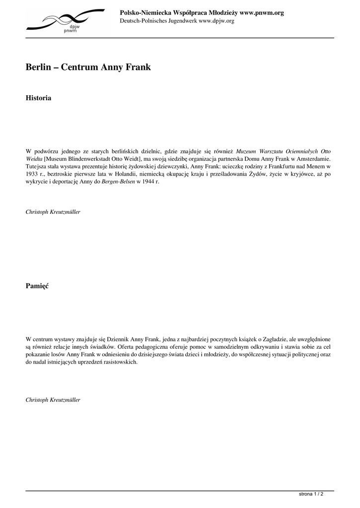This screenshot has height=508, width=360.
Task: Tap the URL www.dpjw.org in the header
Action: (216, 21)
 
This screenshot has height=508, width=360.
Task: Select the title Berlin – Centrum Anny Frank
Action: (88, 67)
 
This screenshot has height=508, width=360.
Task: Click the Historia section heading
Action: (38, 98)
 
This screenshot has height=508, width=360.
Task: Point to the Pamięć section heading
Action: (37, 286)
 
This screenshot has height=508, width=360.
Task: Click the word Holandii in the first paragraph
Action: (116, 175)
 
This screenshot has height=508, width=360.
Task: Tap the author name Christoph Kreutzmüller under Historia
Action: (53, 212)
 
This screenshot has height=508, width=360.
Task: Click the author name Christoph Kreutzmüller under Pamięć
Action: (53, 399)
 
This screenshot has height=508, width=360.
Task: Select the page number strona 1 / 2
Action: (312, 494)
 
